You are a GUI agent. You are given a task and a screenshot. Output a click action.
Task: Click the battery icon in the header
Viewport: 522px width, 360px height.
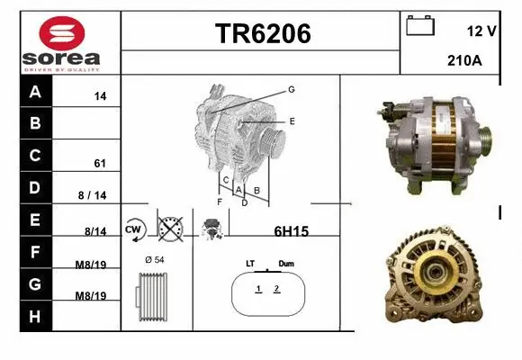tap(420, 26)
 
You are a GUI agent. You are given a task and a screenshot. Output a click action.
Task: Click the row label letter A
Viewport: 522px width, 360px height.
tap(35, 92)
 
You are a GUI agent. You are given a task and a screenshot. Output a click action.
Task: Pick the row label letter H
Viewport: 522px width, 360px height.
tap(35, 317)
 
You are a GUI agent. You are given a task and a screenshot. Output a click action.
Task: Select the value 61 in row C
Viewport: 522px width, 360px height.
tap(100, 164)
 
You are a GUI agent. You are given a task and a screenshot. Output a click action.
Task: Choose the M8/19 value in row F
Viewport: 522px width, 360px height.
tap(94, 264)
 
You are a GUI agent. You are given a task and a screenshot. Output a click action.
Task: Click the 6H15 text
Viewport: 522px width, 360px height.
tap(291, 231)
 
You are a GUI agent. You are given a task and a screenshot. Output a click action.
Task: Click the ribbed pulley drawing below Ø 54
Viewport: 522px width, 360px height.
tap(153, 296)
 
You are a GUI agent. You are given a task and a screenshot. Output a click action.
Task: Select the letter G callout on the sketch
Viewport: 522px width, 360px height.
tap(292, 89)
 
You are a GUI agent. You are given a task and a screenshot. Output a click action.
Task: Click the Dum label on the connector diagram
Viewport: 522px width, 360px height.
tap(286, 264)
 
